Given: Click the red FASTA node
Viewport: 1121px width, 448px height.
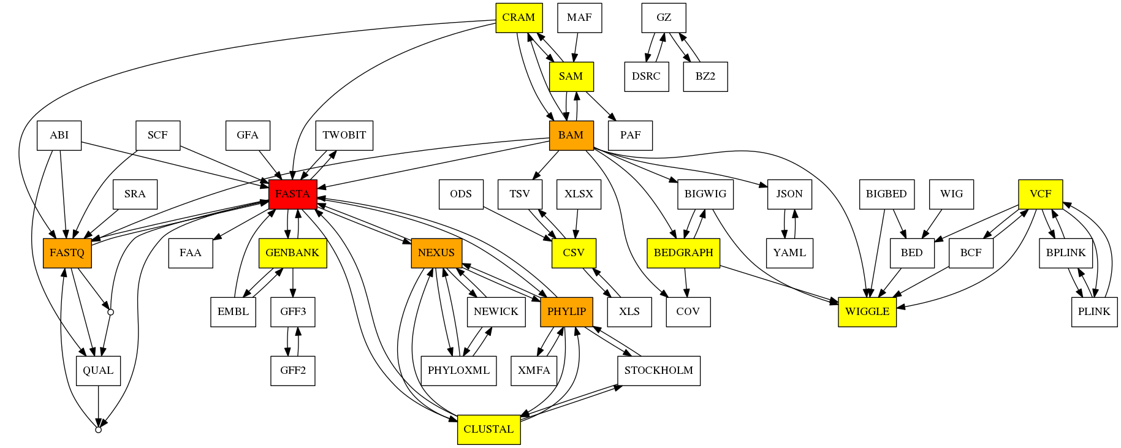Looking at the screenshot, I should click(x=292, y=194).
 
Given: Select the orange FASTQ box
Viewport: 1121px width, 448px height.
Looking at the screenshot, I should click(x=67, y=252).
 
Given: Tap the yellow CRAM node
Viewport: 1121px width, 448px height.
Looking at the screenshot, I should click(x=519, y=18).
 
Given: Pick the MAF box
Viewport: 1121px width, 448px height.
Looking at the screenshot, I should click(x=579, y=18).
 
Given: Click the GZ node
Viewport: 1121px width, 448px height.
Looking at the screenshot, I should click(x=663, y=18).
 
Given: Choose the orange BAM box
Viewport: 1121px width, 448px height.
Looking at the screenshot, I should click(x=571, y=135).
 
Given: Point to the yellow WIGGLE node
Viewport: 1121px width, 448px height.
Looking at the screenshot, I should click(x=867, y=311).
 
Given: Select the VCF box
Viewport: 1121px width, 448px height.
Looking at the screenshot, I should click(x=1040, y=194).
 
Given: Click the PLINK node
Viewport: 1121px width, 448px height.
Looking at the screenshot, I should click(x=1093, y=311).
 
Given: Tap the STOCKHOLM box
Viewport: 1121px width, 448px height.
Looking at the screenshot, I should click(x=658, y=370).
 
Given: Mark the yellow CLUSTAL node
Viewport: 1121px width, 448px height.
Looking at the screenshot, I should click(x=488, y=429).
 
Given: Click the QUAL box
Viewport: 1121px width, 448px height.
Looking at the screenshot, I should click(x=98, y=370).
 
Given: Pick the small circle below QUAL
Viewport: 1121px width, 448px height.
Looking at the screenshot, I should click(x=98, y=430).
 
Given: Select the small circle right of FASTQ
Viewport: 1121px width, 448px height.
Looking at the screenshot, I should click(x=110, y=312).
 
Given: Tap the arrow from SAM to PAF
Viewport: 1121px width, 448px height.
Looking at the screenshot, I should click(x=601, y=106).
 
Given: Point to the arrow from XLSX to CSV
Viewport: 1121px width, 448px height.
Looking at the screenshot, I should click(x=577, y=224).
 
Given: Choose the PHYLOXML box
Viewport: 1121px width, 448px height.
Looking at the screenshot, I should click(x=458, y=370).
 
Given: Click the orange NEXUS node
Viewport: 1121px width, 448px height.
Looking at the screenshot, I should click(x=436, y=252).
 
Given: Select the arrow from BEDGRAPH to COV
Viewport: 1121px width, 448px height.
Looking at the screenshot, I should click(x=686, y=283).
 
